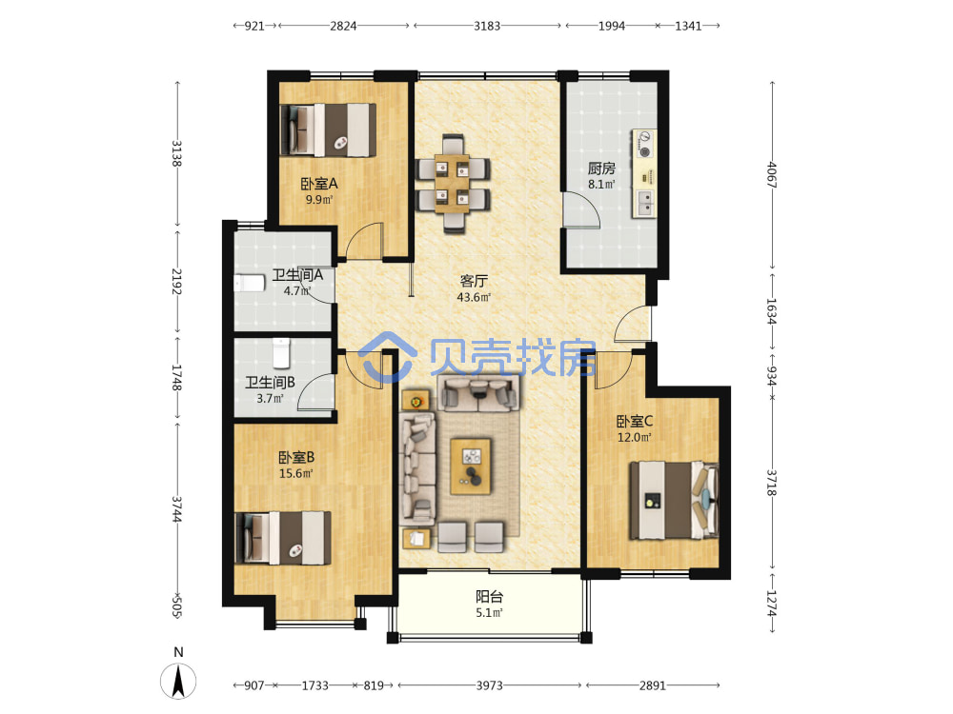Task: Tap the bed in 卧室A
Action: pyautogui.click(x=328, y=129)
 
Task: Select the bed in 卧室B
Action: pyautogui.click(x=283, y=538)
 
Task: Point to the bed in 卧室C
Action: pyautogui.click(x=674, y=501)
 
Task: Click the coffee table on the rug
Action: pyautogui.click(x=471, y=466)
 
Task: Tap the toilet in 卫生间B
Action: pyautogui.click(x=281, y=353)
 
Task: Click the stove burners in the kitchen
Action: pyautogui.click(x=645, y=144)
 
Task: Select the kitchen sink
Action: pyautogui.click(x=644, y=202)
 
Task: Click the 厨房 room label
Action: pyautogui.click(x=601, y=169)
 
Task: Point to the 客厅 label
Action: pyautogui.click(x=474, y=281)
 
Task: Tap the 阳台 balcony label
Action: pyautogui.click(x=489, y=597)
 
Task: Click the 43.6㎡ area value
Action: pyautogui.click(x=474, y=297)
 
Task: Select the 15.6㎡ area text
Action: pyautogui.click(x=296, y=473)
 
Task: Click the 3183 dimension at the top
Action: pyautogui.click(x=487, y=26)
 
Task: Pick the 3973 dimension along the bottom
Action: pyautogui.click(x=489, y=685)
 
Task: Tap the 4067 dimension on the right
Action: pyautogui.click(x=773, y=174)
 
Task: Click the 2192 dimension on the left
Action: pyautogui.click(x=177, y=281)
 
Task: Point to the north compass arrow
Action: pyautogui.click(x=178, y=681)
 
